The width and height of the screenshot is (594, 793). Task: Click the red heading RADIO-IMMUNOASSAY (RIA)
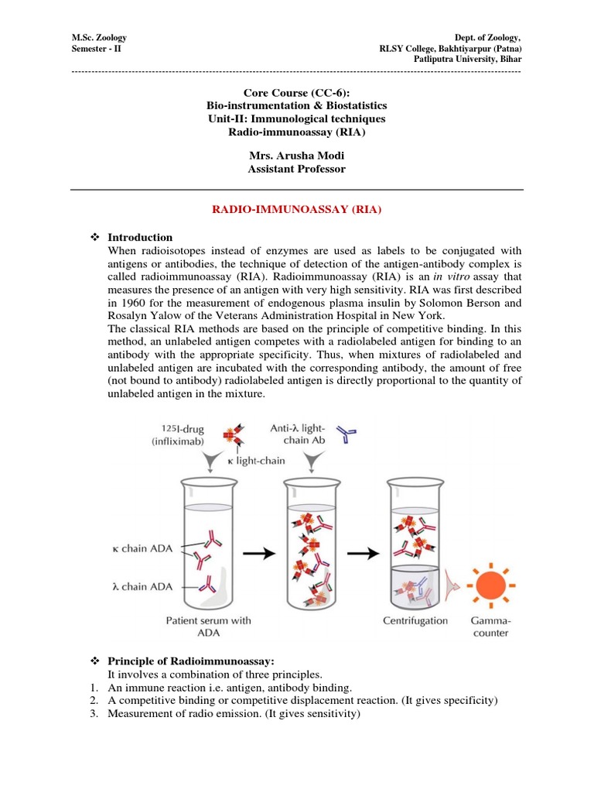point(296,208)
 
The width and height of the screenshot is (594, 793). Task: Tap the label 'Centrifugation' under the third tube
point(415,620)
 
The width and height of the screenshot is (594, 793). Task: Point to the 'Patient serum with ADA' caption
point(208,627)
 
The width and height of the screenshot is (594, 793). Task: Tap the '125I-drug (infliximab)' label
point(183,436)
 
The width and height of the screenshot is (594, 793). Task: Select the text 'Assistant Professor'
point(296,169)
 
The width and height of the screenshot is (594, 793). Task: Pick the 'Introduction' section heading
point(140,237)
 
